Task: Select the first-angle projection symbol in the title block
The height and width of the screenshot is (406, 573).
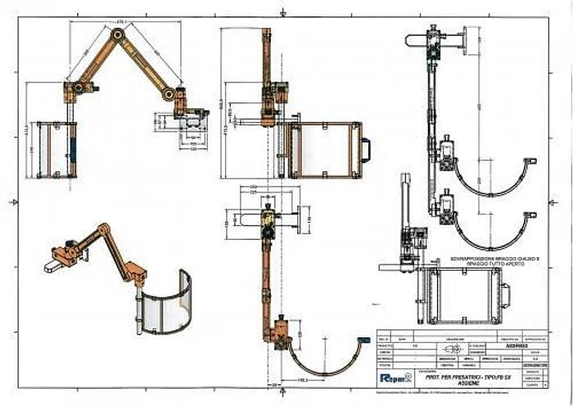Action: point(458,347)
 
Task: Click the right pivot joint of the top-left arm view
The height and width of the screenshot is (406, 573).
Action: point(169,93)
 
